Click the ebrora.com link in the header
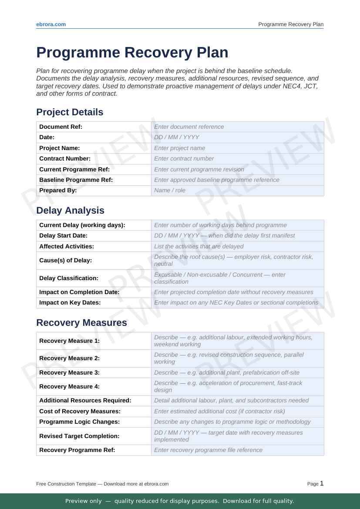click(51, 24)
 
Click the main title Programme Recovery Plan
click(132, 53)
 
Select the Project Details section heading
click(70, 112)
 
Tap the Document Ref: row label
click(61, 127)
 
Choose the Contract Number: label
click(65, 159)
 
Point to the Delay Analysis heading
click(70, 211)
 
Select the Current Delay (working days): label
click(82, 225)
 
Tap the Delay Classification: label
click(69, 278)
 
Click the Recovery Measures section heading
click(81, 323)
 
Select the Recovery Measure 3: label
click(69, 373)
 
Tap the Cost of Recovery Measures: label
click(80, 412)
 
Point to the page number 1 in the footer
click(322, 483)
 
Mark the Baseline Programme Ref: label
click(76, 180)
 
